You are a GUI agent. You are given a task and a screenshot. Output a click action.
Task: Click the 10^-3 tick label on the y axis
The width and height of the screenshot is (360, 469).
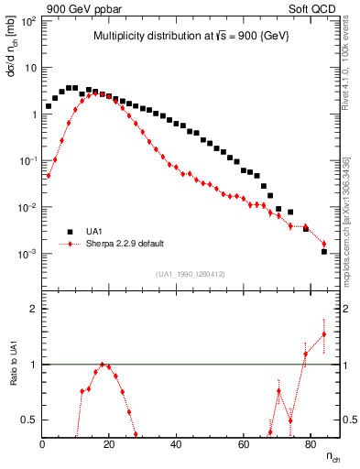coord(28,254)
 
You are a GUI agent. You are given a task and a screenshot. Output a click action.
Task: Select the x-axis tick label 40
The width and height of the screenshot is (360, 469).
coord(177,444)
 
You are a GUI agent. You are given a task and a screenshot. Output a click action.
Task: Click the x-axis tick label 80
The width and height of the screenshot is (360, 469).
coord(311,444)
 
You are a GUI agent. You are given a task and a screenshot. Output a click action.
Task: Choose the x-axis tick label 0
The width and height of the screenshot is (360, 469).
coord(43,444)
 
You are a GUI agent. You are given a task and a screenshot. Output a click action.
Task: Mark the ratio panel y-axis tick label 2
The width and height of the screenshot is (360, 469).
coord(34,309)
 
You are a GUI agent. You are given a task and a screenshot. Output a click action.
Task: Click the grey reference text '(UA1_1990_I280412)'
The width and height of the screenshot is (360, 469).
coord(191,274)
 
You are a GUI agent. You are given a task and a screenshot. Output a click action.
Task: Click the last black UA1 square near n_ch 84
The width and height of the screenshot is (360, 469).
coord(324,251)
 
